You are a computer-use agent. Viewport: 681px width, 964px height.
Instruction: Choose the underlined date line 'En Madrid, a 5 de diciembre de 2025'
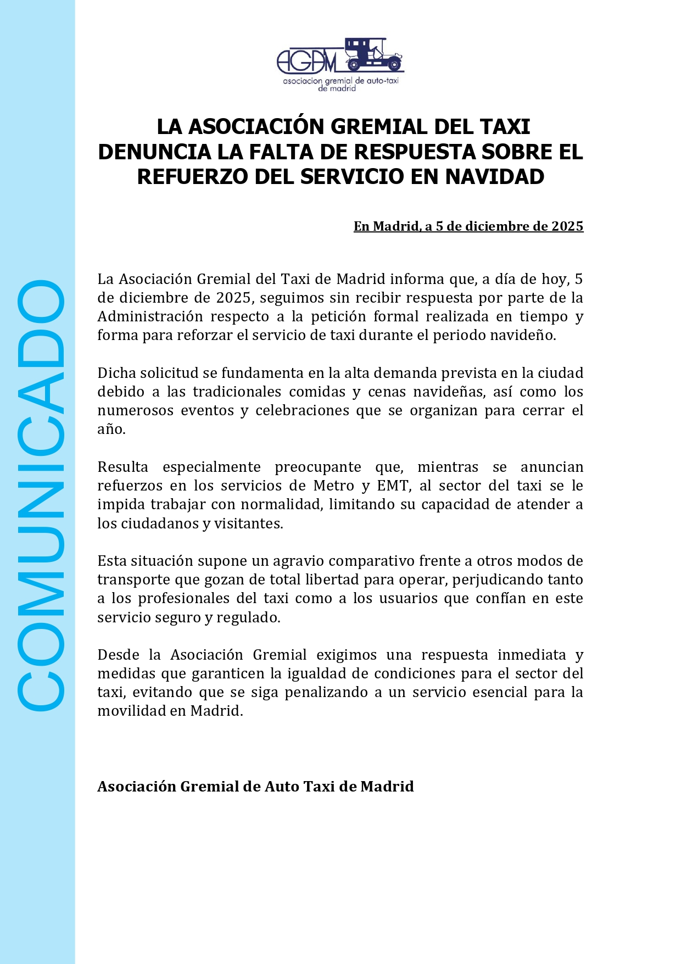coord(468,226)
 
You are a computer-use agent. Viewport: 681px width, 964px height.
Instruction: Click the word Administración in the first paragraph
coord(150,317)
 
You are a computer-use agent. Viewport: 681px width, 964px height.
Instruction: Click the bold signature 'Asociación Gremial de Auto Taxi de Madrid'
coord(255,787)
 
